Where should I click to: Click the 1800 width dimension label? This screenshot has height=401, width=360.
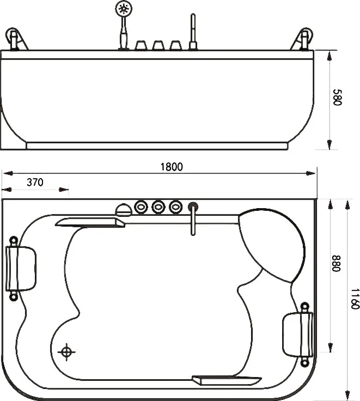coord(172,167)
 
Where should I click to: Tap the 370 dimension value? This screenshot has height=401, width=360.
coord(35,183)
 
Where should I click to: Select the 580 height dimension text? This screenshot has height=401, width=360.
coord(338,97)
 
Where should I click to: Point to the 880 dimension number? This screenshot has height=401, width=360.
coord(336,263)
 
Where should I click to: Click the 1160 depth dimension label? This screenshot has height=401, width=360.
coord(355,299)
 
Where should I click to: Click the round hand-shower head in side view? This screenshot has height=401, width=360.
coord(124,9)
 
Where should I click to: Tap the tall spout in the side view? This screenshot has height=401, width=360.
coord(193,32)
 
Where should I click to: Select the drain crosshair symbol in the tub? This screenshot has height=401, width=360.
coord(66,352)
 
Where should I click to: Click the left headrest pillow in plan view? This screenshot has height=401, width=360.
coord(21,268)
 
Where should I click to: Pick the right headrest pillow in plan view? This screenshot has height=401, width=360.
coord(297,334)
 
